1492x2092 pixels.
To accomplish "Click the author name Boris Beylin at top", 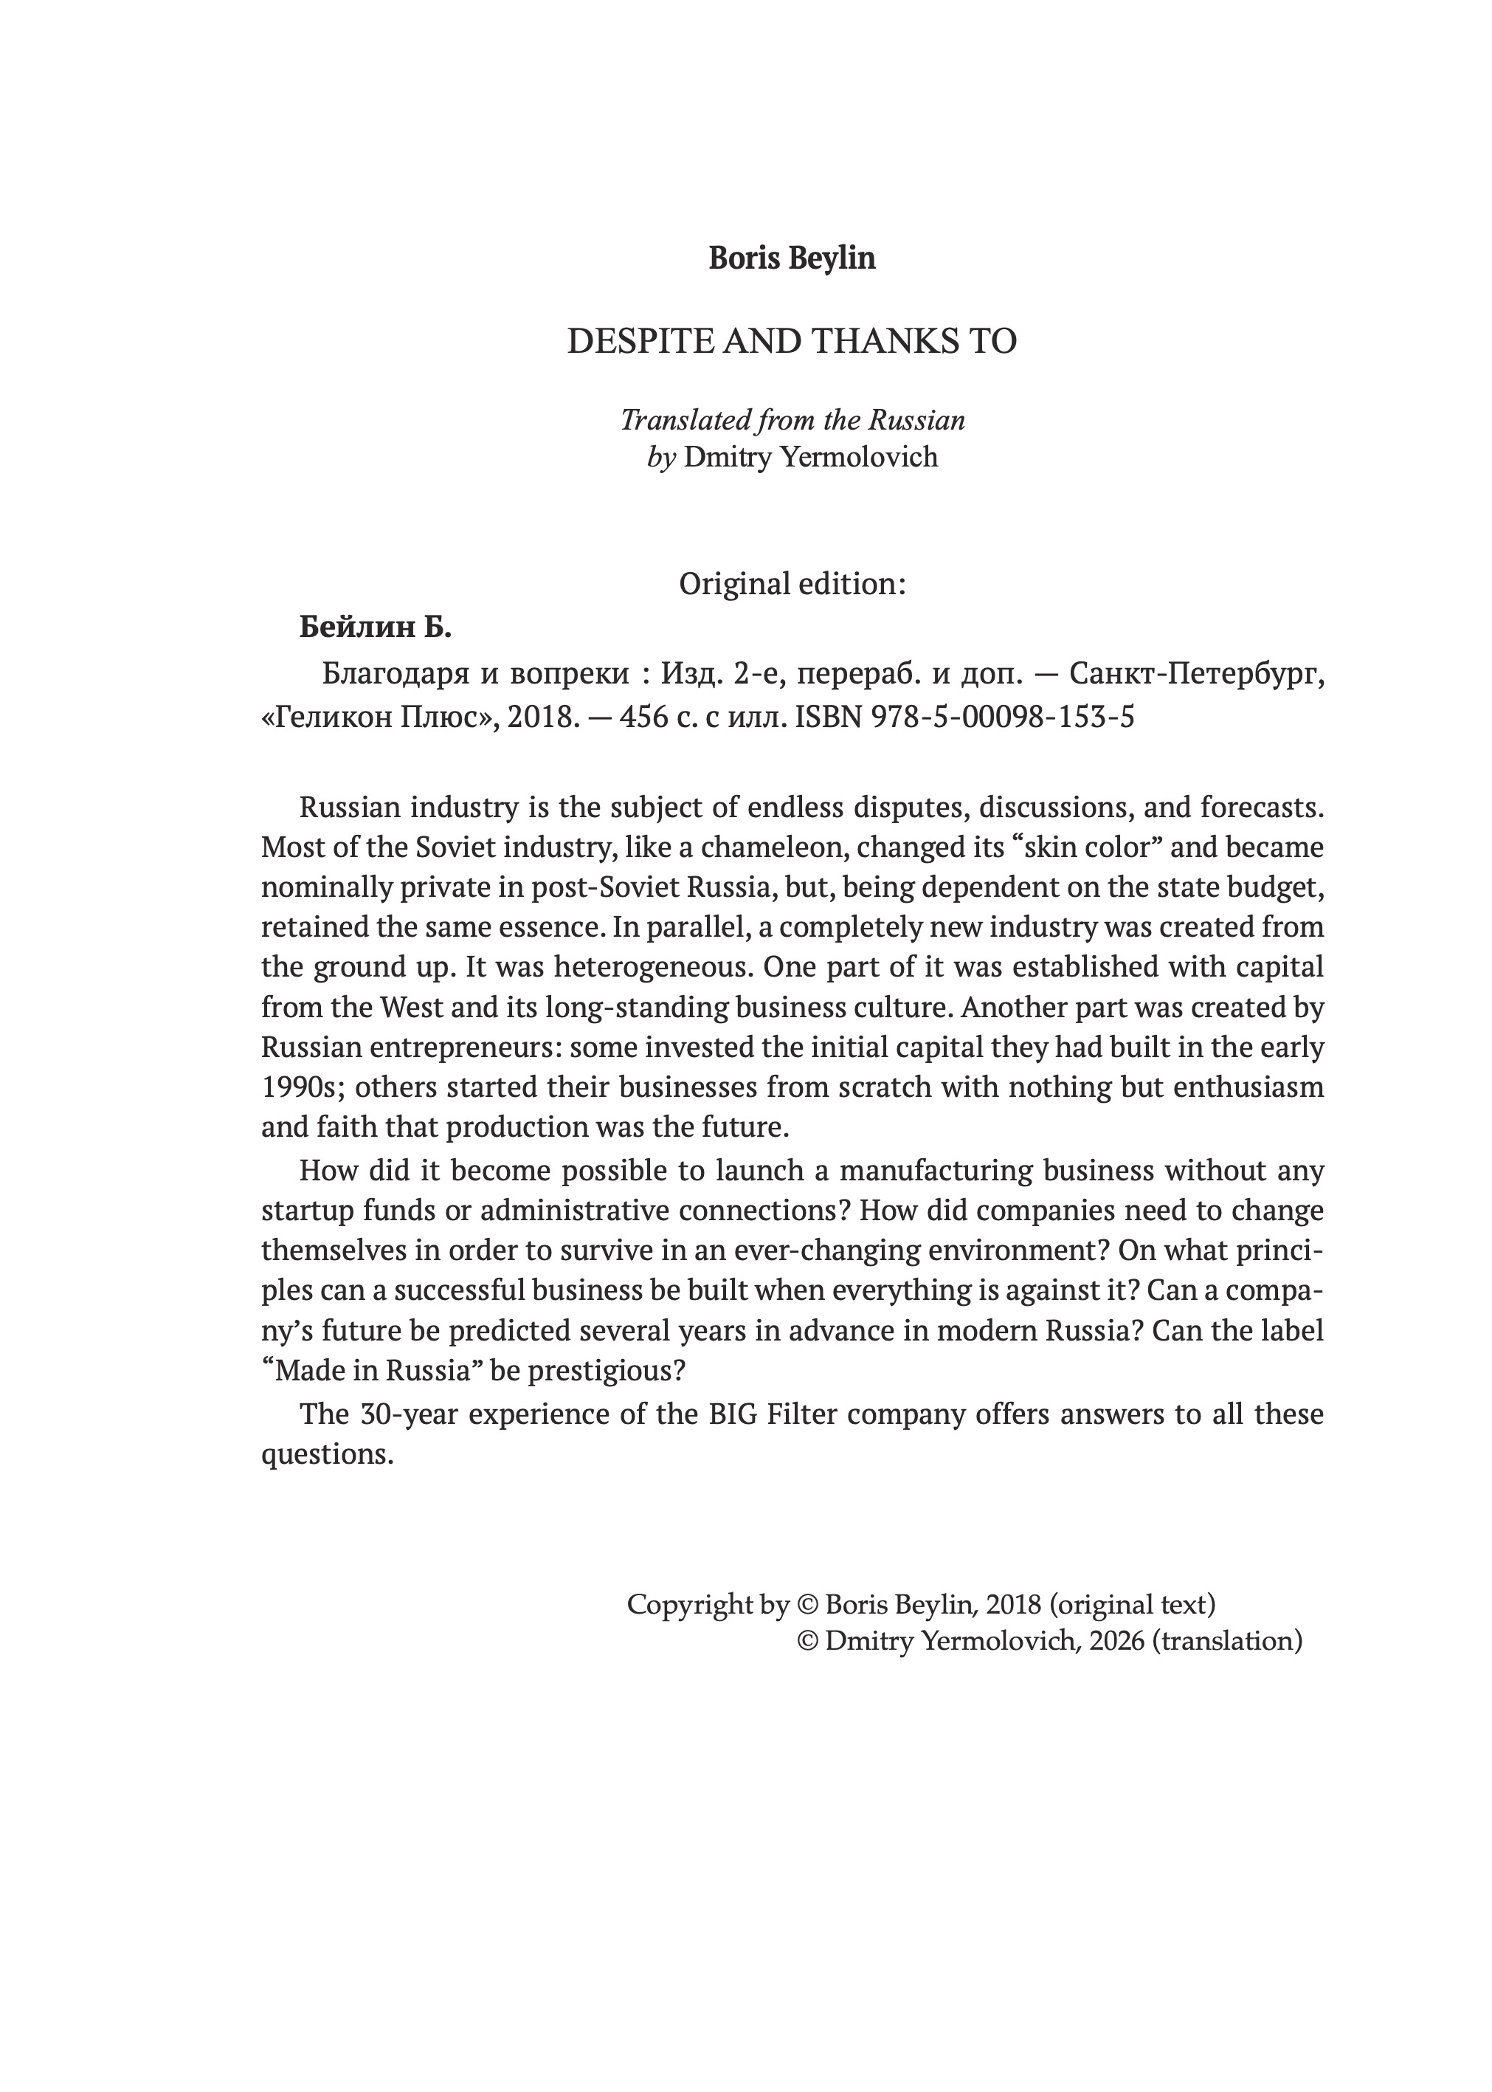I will [x=792, y=258].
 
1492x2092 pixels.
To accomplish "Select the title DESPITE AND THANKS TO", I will [x=792, y=341].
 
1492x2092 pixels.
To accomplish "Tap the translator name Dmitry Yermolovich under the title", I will [x=810, y=457].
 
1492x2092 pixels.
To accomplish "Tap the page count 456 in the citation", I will [x=643, y=716].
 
